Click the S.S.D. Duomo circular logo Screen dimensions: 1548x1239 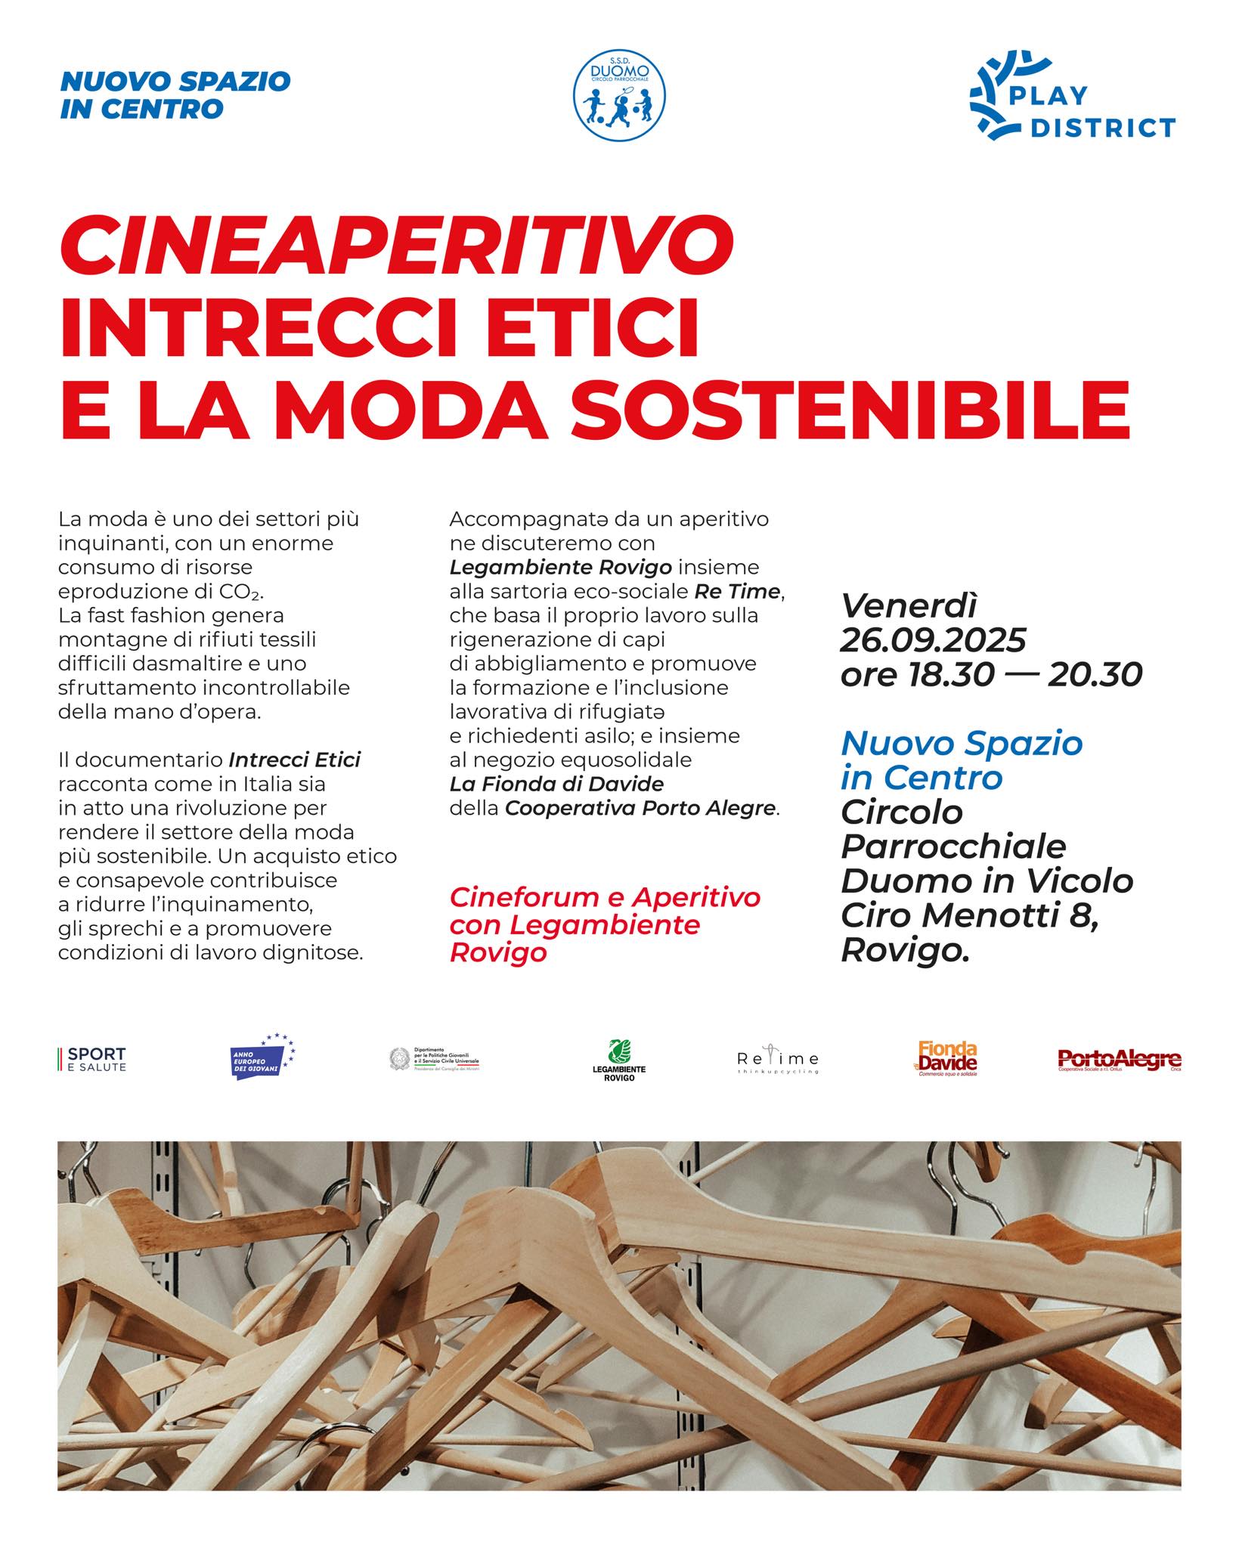pos(619,97)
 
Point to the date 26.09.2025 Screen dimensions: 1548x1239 pos(933,641)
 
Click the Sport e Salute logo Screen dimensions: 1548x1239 pos(93,1059)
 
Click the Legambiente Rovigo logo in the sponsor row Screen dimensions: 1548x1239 pos(618,1060)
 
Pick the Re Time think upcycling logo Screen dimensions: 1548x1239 pos(777,1061)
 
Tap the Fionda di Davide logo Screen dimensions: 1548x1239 pos(947,1058)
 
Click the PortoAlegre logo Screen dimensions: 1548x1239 pos(1119,1060)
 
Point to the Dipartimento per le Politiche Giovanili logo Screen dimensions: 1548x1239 pos(435,1059)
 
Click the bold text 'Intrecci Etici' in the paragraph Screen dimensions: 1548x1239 pos(294,759)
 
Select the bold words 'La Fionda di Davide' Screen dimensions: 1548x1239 pos(556,783)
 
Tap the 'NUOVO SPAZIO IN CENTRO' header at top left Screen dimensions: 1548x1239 pos(175,95)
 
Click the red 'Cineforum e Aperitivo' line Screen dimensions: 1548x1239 pos(605,898)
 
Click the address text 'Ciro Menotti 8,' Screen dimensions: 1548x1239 pos(969,916)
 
